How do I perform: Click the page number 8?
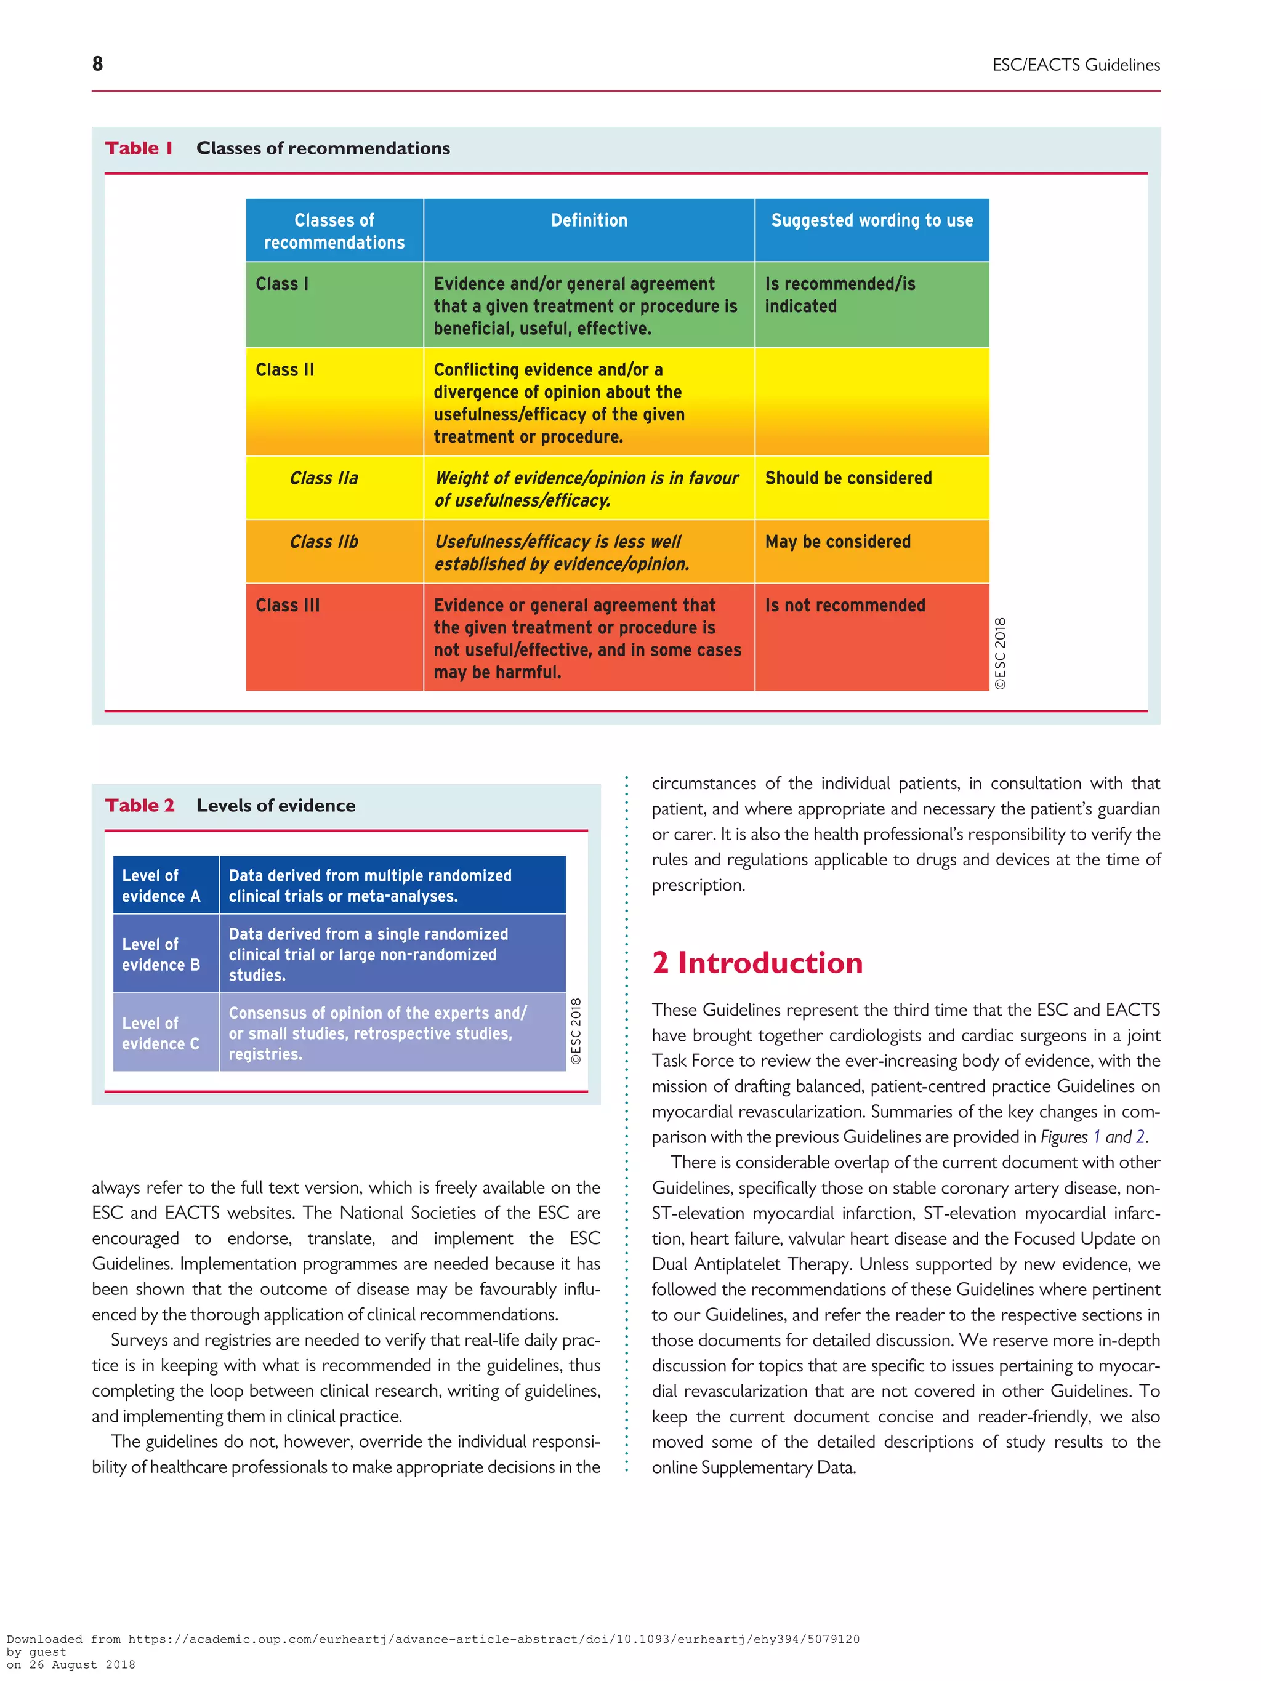tap(97, 64)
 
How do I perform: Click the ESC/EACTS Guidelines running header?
tap(1075, 65)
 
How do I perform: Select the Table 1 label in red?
tap(139, 148)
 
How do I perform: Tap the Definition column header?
tap(589, 220)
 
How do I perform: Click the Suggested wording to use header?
tap(871, 220)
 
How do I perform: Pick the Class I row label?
tap(282, 284)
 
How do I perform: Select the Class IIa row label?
tap(323, 478)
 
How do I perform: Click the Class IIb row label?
tap(323, 542)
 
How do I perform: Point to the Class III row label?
tap(288, 606)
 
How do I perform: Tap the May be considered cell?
tap(837, 542)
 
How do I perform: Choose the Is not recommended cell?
tap(845, 606)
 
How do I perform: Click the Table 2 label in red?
tap(140, 806)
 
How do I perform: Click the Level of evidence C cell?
tap(161, 1033)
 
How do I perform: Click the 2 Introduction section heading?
tap(757, 963)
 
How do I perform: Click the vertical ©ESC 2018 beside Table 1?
tap(1001, 653)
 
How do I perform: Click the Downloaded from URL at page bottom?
tap(433, 1639)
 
